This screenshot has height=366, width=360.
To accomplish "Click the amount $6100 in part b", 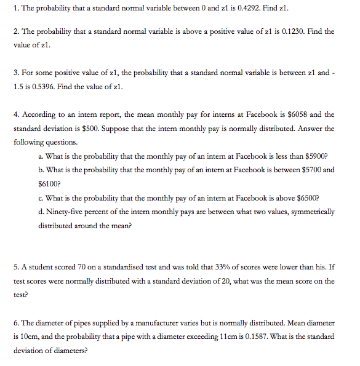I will click(x=49, y=183).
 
